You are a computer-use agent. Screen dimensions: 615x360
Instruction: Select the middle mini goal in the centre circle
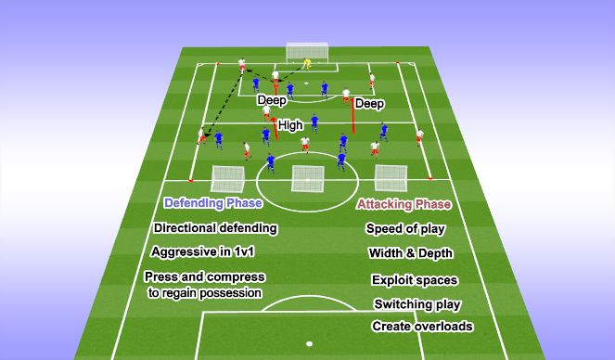tap(306, 178)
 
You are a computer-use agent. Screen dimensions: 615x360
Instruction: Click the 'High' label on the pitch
tap(290, 124)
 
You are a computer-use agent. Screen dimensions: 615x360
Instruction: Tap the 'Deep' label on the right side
tap(369, 105)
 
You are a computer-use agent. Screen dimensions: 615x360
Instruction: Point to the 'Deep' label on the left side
tap(271, 100)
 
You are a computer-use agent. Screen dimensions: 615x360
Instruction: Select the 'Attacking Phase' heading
tap(404, 204)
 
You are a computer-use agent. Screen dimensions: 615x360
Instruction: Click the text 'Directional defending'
tap(215, 228)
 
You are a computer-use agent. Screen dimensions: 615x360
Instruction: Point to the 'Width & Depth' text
tap(409, 253)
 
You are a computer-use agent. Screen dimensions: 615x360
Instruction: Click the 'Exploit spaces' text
tap(414, 279)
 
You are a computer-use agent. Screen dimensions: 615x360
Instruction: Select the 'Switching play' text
tap(416, 303)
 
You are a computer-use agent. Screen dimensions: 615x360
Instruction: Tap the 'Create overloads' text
tap(422, 326)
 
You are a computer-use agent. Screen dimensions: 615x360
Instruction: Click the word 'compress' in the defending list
tap(234, 277)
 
